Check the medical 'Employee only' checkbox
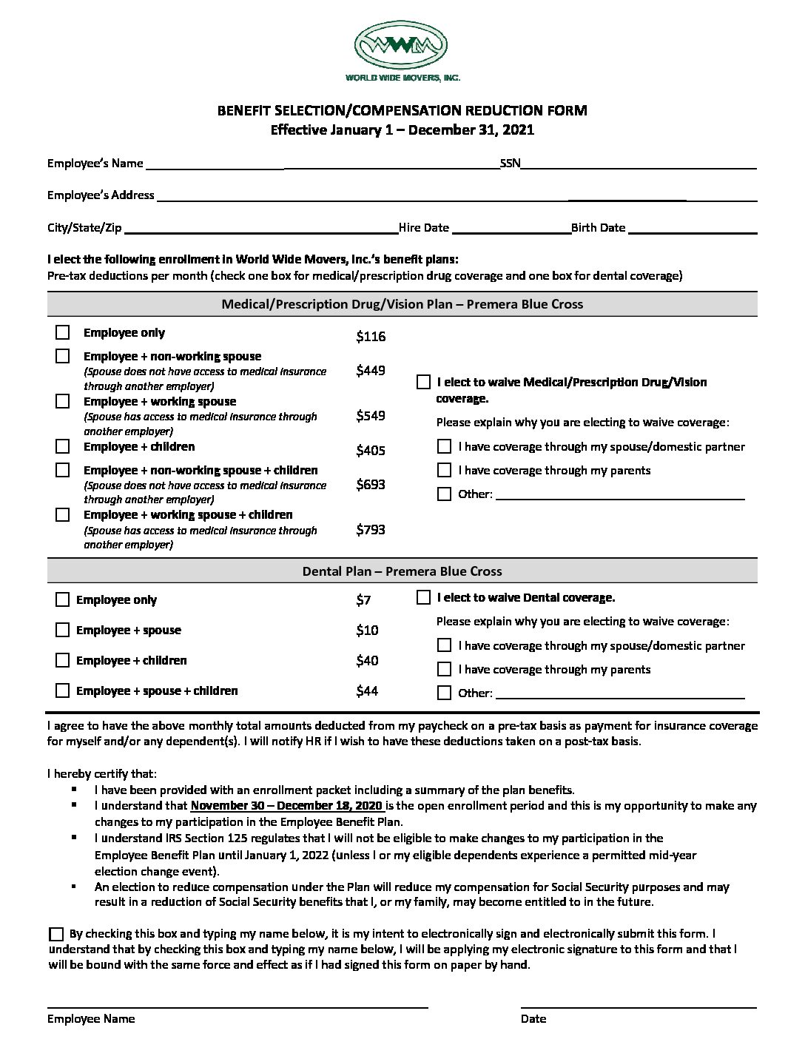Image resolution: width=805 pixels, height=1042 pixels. tap(63, 333)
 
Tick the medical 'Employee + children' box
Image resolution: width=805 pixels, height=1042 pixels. tap(63, 446)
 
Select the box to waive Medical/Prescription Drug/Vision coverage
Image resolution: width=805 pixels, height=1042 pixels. tap(423, 382)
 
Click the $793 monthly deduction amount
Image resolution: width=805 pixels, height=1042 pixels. tap(370, 529)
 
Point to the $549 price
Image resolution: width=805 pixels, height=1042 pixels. tap(370, 415)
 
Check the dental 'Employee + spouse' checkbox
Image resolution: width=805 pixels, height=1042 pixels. tap(63, 630)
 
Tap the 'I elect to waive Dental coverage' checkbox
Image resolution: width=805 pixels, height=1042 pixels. tap(423, 597)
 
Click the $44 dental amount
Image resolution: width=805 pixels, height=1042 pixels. tap(367, 690)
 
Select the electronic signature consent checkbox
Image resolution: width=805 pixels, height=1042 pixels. tap(56, 934)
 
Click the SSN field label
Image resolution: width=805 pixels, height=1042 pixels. tap(511, 164)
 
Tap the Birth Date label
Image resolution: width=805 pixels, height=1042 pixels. tap(598, 228)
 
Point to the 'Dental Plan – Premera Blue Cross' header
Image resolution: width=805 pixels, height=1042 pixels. tap(402, 571)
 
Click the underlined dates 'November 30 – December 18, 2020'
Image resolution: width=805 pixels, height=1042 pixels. tap(286, 806)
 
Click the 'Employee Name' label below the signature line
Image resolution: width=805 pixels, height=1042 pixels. tap(91, 1018)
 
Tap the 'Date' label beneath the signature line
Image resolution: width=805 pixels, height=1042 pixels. tap(533, 1018)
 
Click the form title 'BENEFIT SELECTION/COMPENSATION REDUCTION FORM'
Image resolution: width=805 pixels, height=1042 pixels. tap(402, 111)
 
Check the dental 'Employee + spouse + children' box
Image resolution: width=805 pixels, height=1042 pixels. tap(63, 690)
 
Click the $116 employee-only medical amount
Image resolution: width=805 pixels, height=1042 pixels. tap(371, 337)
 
